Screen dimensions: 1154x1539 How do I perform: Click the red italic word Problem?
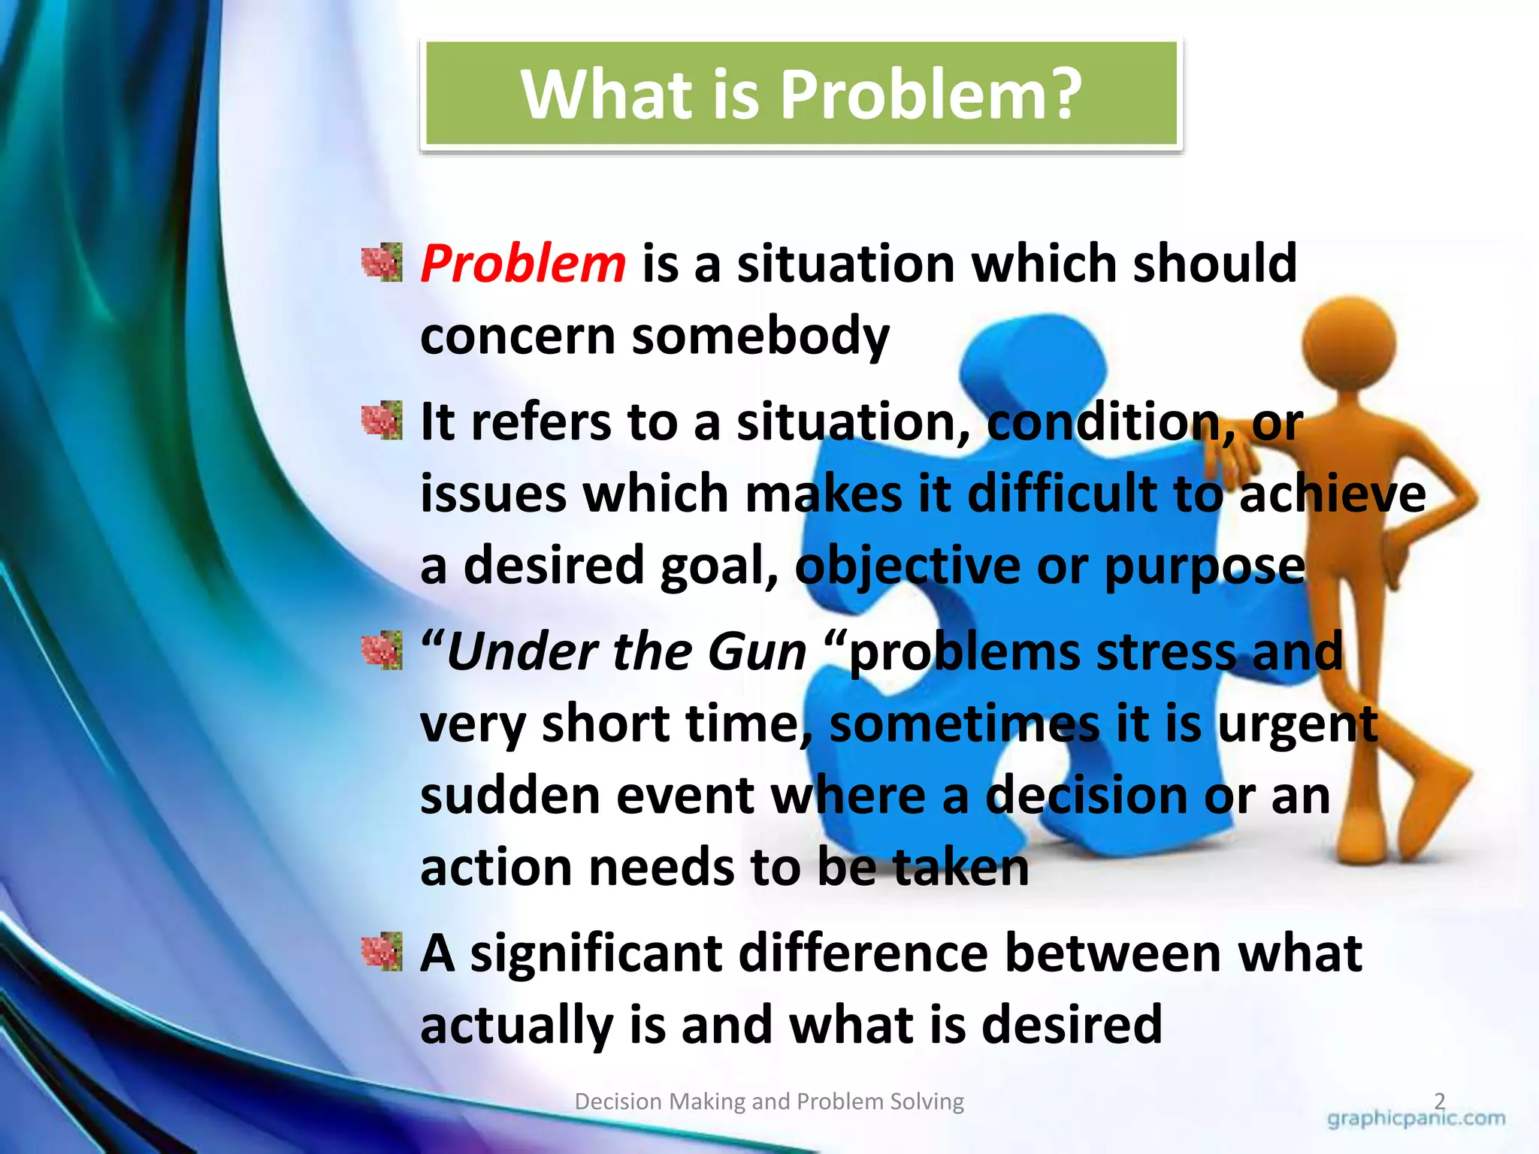[522, 264]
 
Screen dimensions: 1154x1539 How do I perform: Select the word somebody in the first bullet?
[760, 336]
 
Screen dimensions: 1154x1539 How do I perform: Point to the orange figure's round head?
[1349, 342]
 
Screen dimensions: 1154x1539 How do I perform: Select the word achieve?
[1332, 494]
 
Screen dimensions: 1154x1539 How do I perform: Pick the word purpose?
[1205, 566]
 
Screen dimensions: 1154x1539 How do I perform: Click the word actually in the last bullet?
[516, 1025]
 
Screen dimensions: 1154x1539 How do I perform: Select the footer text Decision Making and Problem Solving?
[769, 1101]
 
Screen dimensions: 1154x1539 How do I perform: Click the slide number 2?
[1439, 1101]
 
